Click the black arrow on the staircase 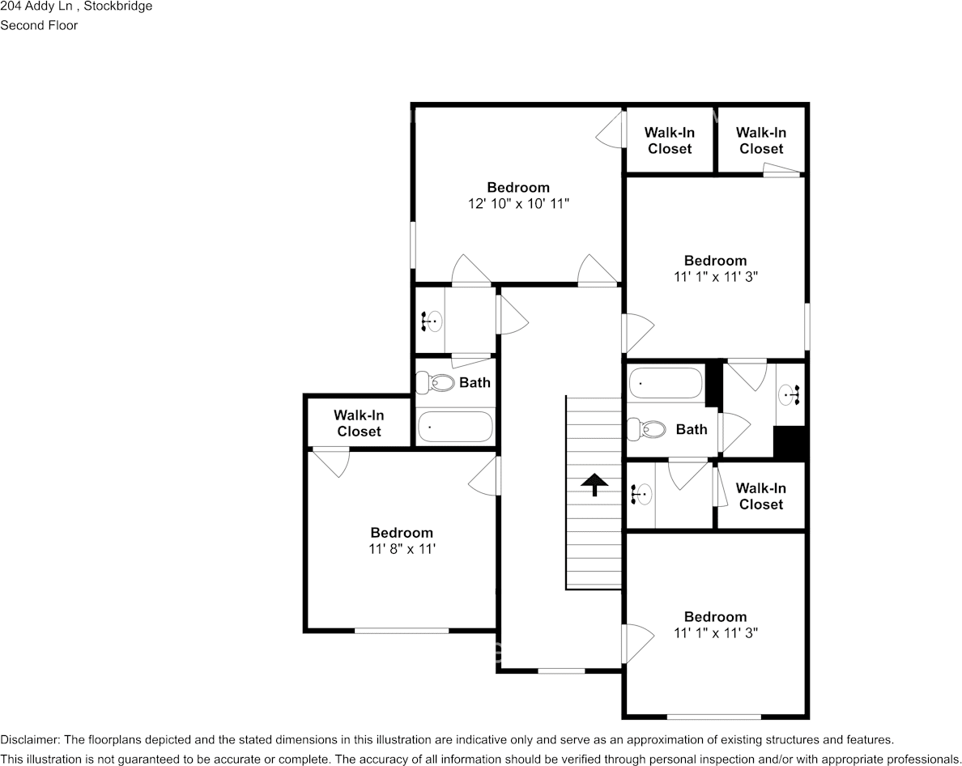point(595,483)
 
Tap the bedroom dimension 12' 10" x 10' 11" point(518,204)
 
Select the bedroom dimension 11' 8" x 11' point(402,549)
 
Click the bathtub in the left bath point(454,427)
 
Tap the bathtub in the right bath point(666,383)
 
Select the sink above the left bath point(431,321)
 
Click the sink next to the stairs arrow point(642,493)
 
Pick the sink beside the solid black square point(789,396)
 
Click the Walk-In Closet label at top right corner point(761,141)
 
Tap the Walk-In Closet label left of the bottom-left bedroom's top point(359,423)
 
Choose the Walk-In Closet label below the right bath point(760,496)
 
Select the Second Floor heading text point(39,25)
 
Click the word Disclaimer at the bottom point(29,739)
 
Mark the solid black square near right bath point(790,443)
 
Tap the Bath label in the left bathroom point(475,382)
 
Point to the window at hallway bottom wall point(561,670)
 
